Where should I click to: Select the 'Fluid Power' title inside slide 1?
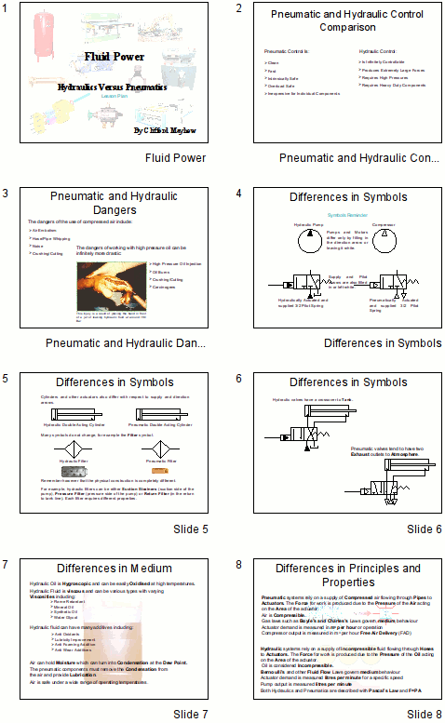[111, 57]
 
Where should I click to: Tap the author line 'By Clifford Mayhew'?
[168, 131]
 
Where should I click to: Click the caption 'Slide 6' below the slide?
[425, 529]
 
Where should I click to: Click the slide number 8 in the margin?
[240, 565]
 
